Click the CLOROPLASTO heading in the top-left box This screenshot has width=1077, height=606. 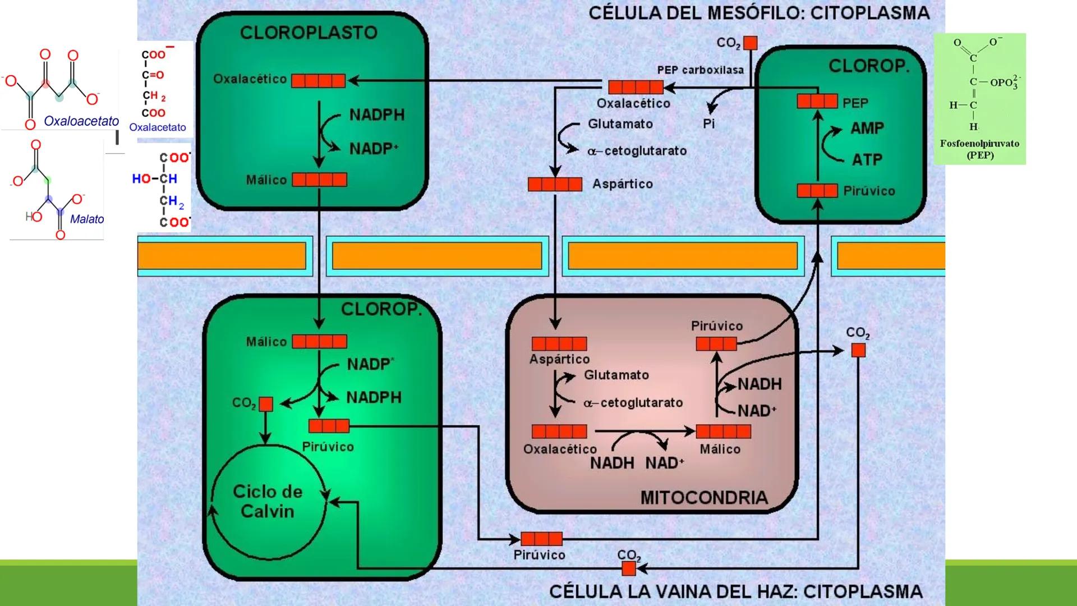[x=309, y=33]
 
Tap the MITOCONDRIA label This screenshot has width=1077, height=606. [x=703, y=498]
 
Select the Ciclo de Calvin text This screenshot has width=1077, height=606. [x=268, y=501]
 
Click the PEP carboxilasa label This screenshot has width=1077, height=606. [x=700, y=70]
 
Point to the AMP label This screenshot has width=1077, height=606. [x=867, y=128]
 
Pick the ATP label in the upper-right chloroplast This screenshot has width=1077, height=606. [x=867, y=160]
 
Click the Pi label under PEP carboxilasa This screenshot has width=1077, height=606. [x=709, y=123]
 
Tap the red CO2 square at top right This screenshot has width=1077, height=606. [x=750, y=43]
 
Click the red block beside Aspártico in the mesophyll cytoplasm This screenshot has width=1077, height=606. [x=555, y=184]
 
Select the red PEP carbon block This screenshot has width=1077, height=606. [x=817, y=102]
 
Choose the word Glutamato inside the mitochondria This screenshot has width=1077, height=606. [x=616, y=375]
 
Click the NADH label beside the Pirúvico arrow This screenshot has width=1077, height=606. [x=760, y=384]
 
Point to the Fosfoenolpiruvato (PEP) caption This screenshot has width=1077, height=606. [x=979, y=149]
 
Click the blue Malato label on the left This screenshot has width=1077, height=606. [x=87, y=219]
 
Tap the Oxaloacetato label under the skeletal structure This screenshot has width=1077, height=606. [x=81, y=121]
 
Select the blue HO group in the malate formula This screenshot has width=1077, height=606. [x=141, y=178]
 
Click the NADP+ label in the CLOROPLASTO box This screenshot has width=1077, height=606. [x=374, y=149]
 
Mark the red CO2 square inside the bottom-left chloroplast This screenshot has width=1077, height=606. [x=266, y=404]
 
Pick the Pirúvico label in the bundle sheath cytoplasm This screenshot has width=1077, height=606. [x=539, y=555]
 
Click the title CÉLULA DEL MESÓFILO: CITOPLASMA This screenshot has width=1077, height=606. [x=758, y=13]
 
